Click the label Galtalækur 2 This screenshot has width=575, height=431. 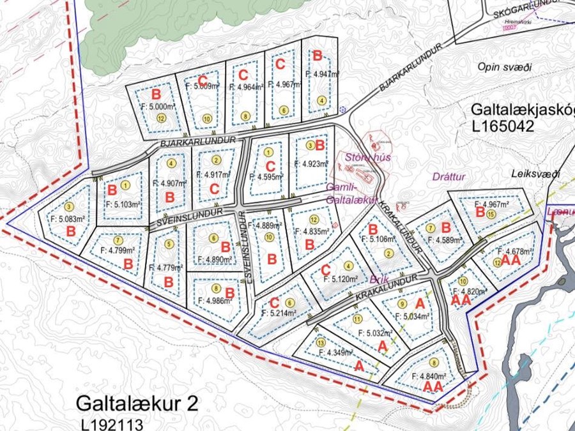pos(137,404)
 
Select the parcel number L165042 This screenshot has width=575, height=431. pos(503,126)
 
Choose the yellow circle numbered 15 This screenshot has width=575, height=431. pos(490,215)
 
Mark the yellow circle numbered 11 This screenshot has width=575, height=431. pos(357,319)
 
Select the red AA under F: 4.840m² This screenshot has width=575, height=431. pos(433,386)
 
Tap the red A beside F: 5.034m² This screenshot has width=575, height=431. pos(420,303)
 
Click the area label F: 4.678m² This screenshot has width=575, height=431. pos(514,252)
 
